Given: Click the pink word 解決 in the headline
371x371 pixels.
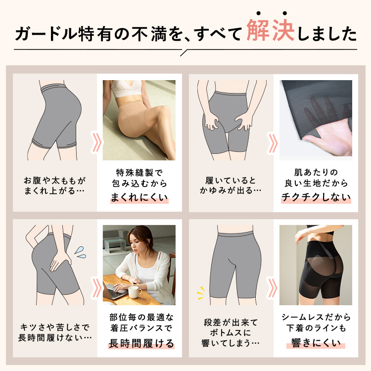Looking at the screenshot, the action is point(271,30).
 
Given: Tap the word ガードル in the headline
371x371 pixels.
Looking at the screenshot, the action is point(46,33).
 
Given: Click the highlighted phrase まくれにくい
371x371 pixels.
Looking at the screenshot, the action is point(139,197).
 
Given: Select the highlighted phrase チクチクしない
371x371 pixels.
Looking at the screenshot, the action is point(316,197).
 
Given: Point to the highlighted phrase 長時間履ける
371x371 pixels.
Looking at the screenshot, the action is point(141,343).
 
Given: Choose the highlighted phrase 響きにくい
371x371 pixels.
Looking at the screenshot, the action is point(316,343).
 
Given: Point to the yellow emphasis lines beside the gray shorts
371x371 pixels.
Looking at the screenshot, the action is point(201,293).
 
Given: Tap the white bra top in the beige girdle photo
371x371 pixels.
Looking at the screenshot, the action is point(126,89).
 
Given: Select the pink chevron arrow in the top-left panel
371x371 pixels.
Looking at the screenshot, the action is point(96,142).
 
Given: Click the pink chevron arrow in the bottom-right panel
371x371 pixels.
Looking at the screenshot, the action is point(273,288).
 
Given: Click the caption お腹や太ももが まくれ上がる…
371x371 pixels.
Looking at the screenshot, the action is point(54,185).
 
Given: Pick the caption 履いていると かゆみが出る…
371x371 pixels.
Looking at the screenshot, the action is point(231,185).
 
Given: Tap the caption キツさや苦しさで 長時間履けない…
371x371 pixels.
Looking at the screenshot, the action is point(55,333).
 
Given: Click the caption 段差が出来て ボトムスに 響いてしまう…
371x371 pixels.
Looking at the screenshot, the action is point(231,333).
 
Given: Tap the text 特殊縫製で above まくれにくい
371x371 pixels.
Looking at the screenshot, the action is point(139,173).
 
